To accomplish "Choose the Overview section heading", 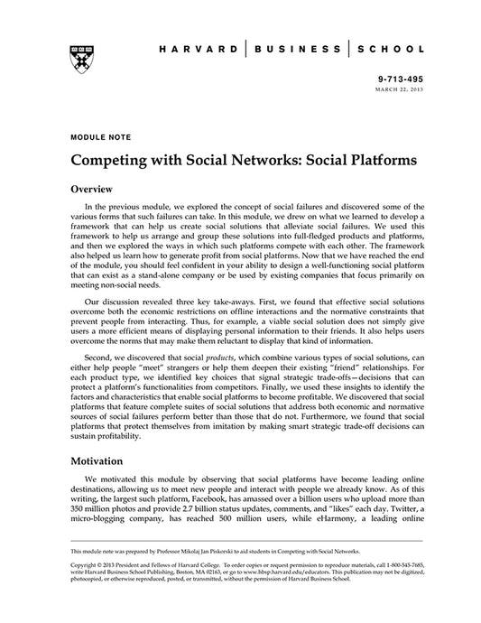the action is [x=91, y=191].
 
